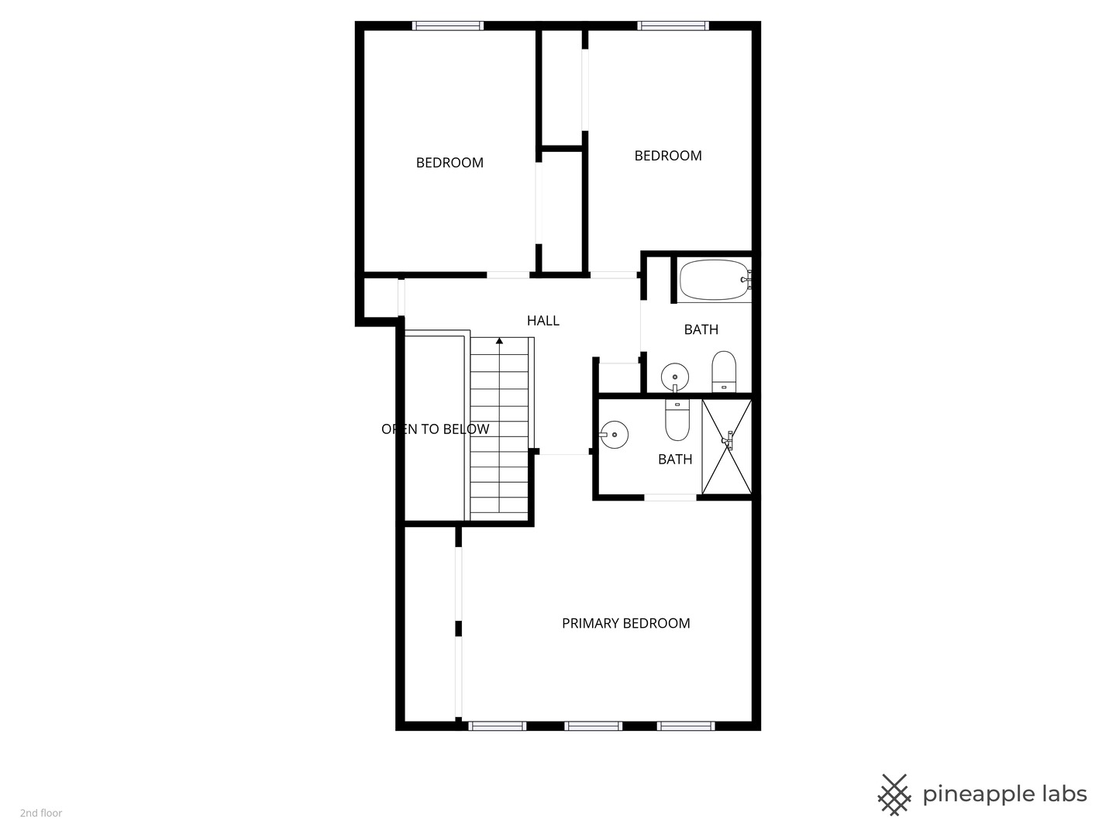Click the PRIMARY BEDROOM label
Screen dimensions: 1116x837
click(x=626, y=623)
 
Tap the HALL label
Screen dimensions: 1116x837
click(x=543, y=321)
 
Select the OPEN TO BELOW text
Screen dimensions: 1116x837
click(x=436, y=429)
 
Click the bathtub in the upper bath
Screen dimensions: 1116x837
click(x=715, y=280)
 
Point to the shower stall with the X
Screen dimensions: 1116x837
click(x=726, y=446)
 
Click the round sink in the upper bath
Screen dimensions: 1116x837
click(x=675, y=377)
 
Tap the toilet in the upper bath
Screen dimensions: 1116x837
click(x=724, y=371)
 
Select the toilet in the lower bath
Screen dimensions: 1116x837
click(x=677, y=420)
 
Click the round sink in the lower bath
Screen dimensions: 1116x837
click(x=614, y=435)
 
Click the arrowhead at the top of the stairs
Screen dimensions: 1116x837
click(x=499, y=341)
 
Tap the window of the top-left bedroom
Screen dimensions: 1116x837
click(x=447, y=26)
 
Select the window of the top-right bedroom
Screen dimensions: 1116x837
click(x=673, y=26)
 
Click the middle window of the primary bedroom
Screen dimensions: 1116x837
click(x=594, y=726)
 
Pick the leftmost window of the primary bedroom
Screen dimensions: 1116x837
click(x=498, y=726)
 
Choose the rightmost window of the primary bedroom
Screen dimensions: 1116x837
click(x=686, y=726)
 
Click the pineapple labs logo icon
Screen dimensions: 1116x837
click(x=894, y=795)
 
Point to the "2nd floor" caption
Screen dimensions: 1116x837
click(x=41, y=813)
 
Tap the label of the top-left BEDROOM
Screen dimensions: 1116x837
click(x=449, y=163)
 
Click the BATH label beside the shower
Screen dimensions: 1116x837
click(x=675, y=460)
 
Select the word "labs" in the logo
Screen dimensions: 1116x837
click(x=1063, y=794)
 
